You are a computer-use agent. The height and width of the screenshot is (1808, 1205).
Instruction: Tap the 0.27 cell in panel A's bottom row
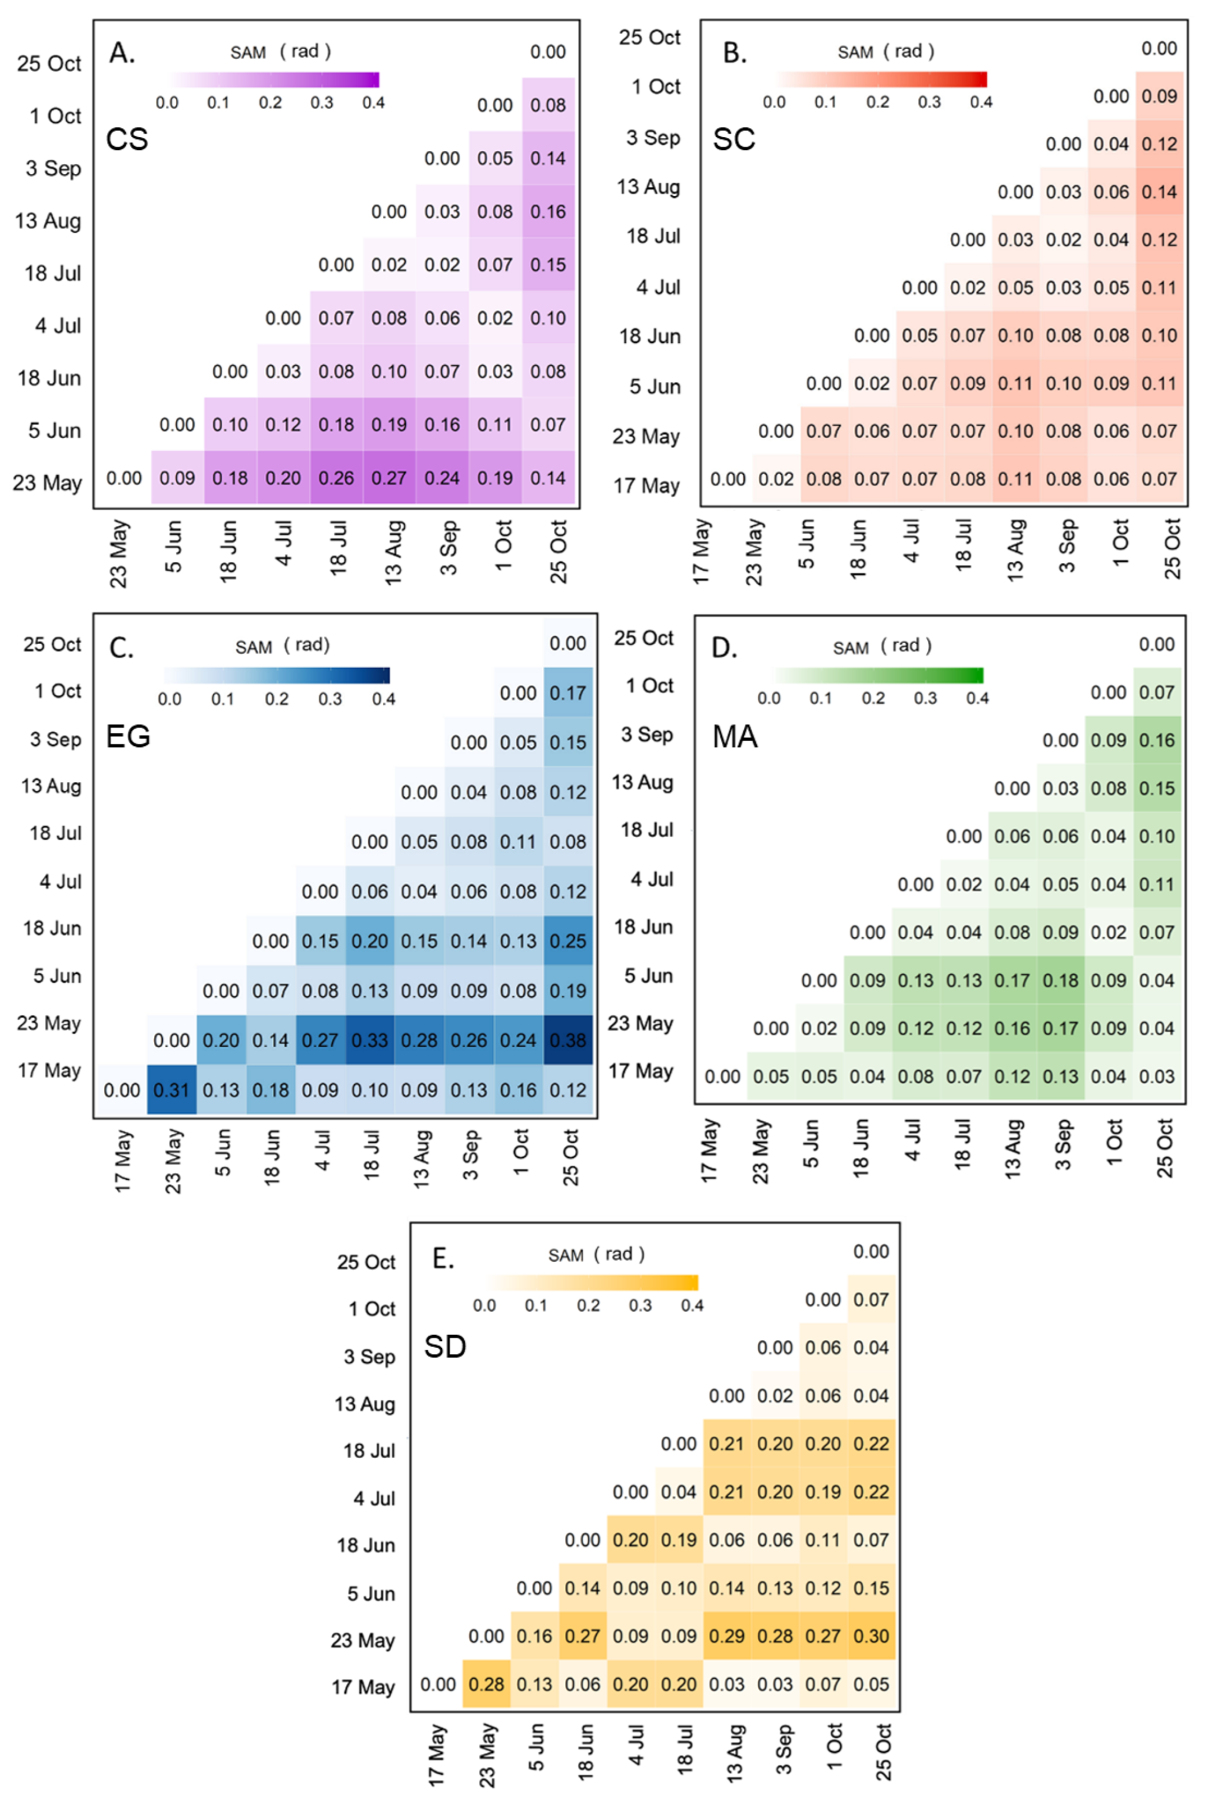tap(389, 478)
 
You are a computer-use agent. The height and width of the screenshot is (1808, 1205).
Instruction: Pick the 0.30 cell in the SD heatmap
tap(871, 1636)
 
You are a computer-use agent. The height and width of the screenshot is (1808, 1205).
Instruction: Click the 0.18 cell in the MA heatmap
tap(1061, 981)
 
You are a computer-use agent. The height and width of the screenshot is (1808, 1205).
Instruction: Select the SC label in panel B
tap(734, 139)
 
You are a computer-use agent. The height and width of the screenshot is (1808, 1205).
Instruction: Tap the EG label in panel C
tap(128, 736)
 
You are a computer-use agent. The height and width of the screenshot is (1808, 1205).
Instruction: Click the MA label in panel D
tap(735, 737)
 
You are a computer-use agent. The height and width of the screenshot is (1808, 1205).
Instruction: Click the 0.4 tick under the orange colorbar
tap(692, 1305)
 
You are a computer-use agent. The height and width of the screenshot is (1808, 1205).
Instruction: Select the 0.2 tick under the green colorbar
tap(873, 697)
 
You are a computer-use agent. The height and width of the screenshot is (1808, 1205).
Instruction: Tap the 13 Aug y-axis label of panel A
tap(48, 221)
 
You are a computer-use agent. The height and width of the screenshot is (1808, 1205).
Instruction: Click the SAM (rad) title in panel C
tap(282, 646)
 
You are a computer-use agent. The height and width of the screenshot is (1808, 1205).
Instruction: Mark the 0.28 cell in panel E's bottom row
tap(486, 1684)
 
